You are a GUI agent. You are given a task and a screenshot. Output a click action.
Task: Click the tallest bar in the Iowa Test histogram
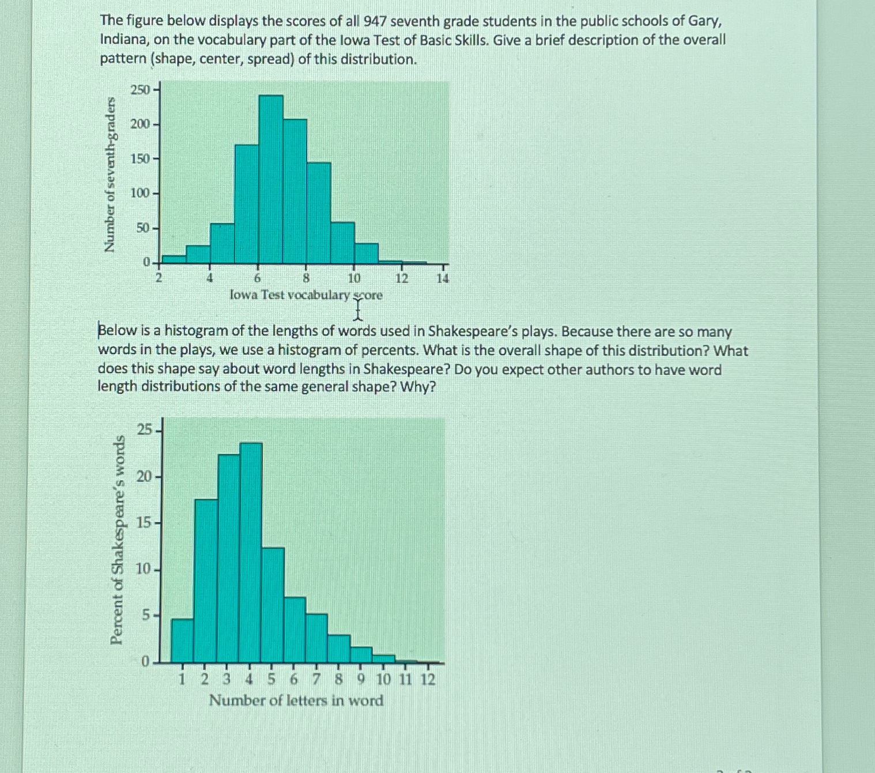click(x=271, y=179)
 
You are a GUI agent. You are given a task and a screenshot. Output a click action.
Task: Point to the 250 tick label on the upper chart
click(x=140, y=89)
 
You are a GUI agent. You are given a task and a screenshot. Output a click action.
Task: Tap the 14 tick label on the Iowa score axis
click(x=442, y=279)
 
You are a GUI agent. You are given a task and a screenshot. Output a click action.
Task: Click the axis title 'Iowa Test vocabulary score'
click(x=306, y=295)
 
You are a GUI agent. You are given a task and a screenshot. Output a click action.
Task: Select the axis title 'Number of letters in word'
click(x=296, y=700)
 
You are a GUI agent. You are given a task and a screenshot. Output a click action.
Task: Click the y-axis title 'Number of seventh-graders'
click(x=109, y=174)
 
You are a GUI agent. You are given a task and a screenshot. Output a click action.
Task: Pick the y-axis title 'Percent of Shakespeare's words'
click(x=117, y=540)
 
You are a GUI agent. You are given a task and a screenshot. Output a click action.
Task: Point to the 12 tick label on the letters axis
click(x=428, y=680)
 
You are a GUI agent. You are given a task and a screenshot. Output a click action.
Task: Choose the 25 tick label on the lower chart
click(x=145, y=430)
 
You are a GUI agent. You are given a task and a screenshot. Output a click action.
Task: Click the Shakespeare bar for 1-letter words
click(x=182, y=641)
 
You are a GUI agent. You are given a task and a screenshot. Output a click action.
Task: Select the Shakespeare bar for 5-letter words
click(x=273, y=605)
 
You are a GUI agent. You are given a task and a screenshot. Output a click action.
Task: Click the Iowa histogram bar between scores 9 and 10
click(x=342, y=242)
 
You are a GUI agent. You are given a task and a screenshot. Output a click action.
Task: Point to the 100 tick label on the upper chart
click(x=140, y=193)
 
